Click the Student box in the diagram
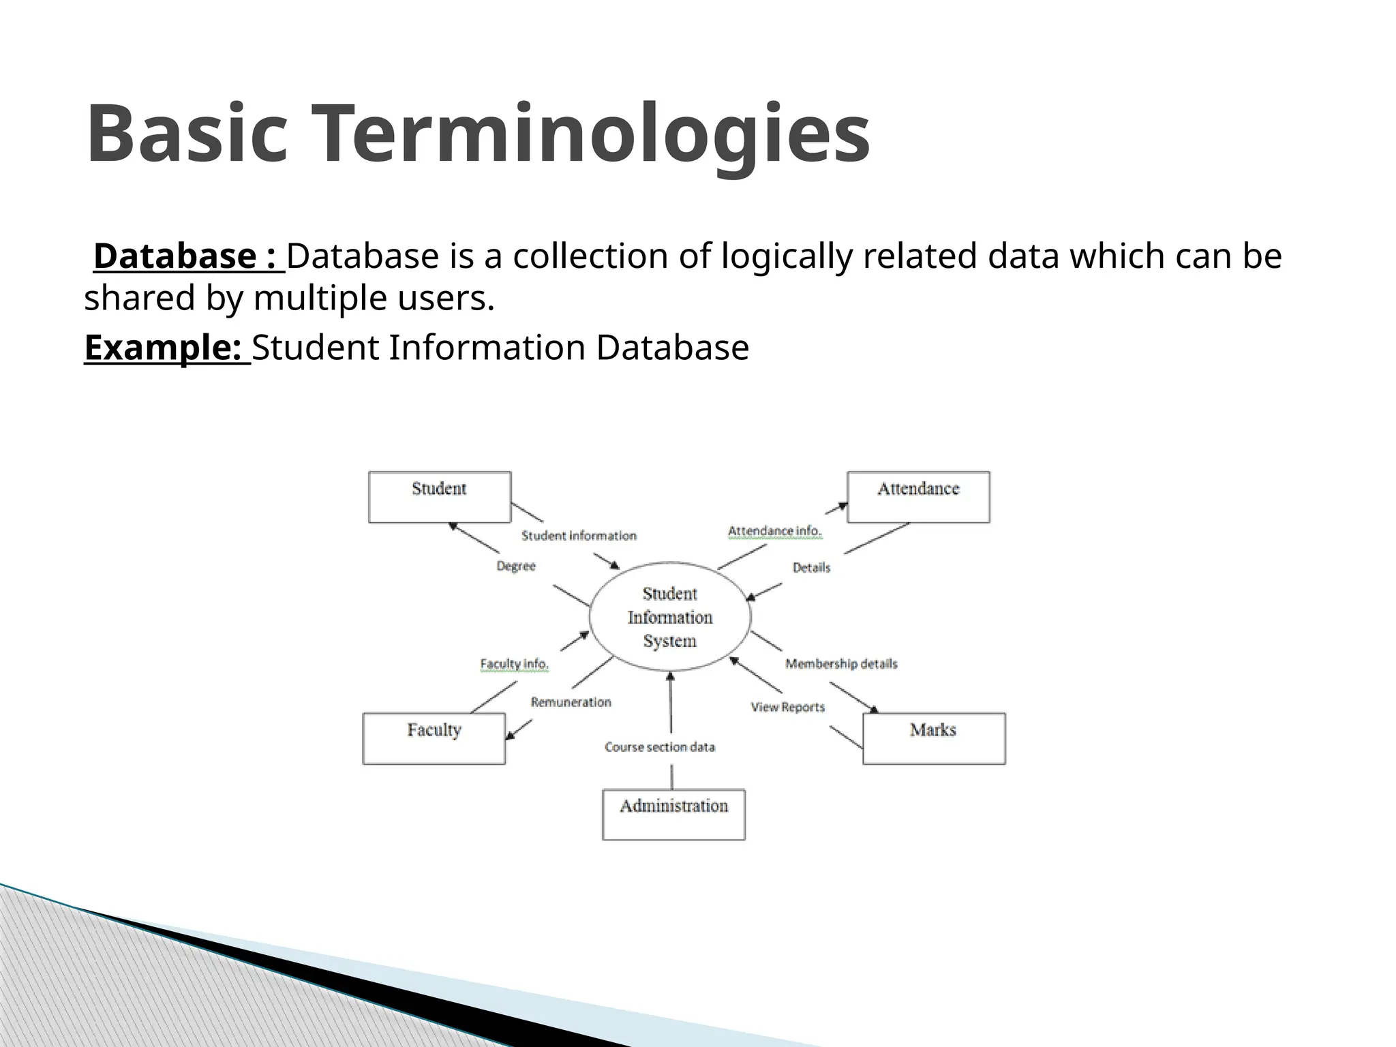point(440,497)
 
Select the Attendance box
point(918,497)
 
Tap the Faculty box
point(434,738)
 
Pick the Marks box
point(934,738)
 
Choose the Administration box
point(673,815)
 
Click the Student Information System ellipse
point(670,617)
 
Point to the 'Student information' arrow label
point(579,536)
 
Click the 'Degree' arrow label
point(516,566)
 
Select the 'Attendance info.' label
point(775,531)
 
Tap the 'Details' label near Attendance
point(811,567)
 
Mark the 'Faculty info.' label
point(515,664)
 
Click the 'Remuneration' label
point(571,702)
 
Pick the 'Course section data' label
point(660,747)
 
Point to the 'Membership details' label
point(841,664)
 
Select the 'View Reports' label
point(788,708)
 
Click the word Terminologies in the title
point(592,134)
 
